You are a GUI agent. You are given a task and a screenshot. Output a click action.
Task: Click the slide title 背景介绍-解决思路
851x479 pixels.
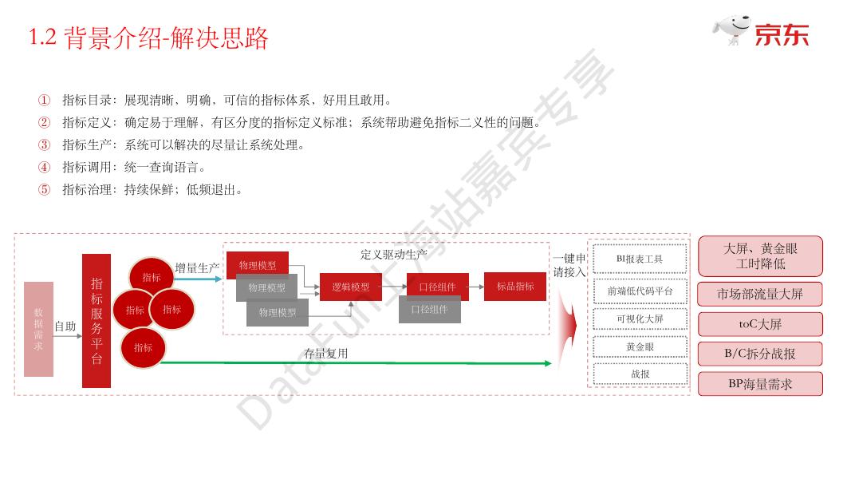point(149,38)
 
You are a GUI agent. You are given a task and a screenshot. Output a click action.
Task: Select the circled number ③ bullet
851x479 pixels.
point(45,144)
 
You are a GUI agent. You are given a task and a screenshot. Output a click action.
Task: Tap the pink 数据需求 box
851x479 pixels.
point(38,329)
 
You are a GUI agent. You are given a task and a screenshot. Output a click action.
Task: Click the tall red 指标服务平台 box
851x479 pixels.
point(97,321)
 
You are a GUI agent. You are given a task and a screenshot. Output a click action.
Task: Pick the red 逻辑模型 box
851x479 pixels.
point(351,287)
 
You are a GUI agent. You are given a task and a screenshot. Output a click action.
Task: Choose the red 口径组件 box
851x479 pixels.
point(437,287)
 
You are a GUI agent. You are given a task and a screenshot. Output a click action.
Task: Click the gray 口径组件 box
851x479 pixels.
point(429,309)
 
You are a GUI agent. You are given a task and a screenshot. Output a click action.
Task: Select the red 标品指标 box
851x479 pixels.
point(514,287)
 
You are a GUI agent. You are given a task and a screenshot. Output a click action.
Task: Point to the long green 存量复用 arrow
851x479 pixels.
point(356,363)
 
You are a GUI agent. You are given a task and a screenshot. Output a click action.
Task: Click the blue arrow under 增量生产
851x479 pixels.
point(198,279)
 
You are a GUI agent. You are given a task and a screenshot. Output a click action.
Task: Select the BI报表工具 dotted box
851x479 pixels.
point(640,259)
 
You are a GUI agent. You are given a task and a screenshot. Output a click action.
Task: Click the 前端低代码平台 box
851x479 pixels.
point(640,291)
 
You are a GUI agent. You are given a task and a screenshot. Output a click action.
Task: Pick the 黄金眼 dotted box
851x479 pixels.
point(640,346)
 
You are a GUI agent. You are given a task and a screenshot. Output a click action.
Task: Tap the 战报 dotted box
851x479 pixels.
point(640,374)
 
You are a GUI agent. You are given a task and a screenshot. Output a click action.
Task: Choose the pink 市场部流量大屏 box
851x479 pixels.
point(759,294)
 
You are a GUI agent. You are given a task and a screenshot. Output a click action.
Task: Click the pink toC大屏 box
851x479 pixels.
point(759,324)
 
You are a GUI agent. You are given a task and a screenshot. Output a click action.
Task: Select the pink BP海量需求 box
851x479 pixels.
point(759,384)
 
